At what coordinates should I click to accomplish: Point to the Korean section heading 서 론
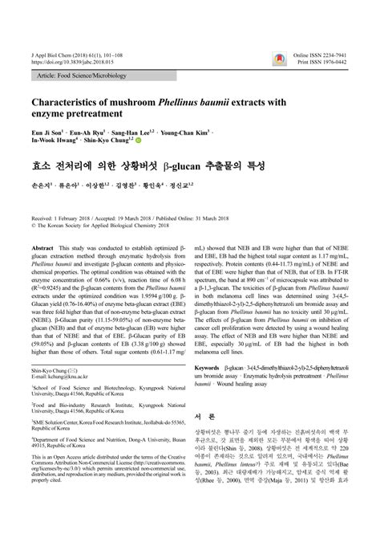pyautogui.click(x=208, y=418)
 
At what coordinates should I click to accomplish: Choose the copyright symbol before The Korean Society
pyautogui.click(x=34, y=226)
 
